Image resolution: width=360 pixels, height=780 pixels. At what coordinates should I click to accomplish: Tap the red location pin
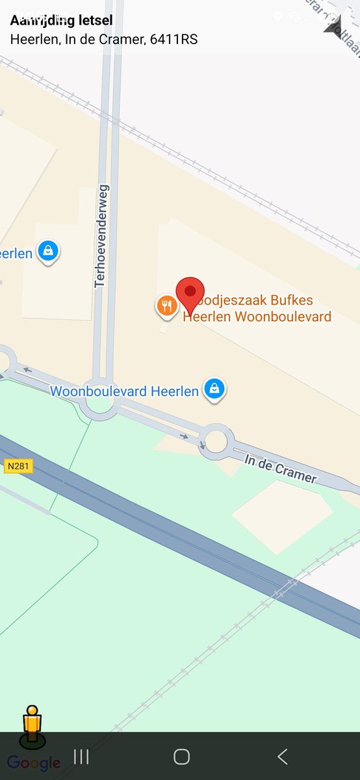(x=190, y=291)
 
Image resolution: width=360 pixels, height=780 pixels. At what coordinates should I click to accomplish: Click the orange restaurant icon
(x=166, y=305)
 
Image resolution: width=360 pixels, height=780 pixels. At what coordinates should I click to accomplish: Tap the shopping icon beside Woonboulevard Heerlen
(x=214, y=389)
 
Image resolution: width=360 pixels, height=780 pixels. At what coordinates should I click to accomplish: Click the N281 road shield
(x=18, y=466)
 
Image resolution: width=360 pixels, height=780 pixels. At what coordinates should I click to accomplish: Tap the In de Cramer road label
(x=280, y=469)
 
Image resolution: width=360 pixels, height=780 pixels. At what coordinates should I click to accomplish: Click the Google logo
(x=34, y=763)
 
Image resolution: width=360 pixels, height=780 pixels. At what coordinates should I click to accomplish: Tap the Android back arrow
(x=282, y=756)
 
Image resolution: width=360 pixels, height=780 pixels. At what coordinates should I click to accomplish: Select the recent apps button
(x=81, y=756)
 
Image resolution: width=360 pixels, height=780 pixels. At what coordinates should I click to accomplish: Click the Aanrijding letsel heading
(x=61, y=21)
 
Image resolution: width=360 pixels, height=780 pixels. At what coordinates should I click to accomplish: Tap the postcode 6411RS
(x=174, y=39)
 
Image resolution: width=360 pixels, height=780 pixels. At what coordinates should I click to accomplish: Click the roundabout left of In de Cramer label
(x=216, y=441)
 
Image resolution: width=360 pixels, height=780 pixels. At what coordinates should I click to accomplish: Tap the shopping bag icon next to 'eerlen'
(x=47, y=250)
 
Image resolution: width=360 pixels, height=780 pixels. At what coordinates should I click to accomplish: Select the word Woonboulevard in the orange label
(x=283, y=317)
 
